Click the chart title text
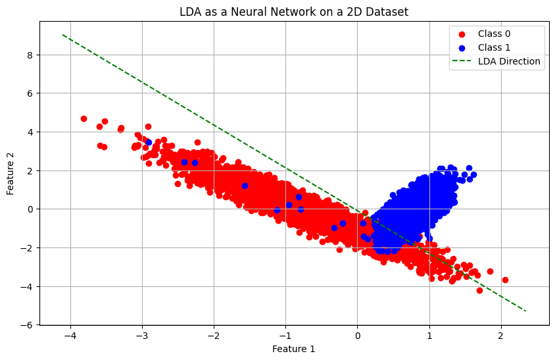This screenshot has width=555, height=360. [294, 11]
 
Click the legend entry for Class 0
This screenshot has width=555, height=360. [496, 34]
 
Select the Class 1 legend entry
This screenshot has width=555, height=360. [496, 47]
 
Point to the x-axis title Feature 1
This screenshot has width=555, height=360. [294, 349]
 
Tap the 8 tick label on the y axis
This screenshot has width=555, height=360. [30, 55]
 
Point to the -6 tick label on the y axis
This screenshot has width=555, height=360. [28, 325]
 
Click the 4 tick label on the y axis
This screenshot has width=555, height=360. [30, 132]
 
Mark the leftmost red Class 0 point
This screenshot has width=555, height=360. [84, 118]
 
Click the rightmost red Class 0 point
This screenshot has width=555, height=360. [505, 280]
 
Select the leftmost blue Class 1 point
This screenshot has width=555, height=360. [149, 142]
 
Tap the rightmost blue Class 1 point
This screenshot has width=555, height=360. [473, 174]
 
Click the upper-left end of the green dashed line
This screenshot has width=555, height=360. [62, 35]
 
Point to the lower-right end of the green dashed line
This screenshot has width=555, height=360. [525, 311]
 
